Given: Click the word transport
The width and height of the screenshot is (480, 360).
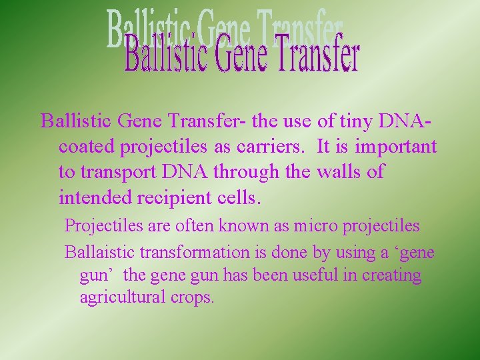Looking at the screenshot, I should (x=117, y=172).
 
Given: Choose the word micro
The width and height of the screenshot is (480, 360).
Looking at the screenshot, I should (x=316, y=226).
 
